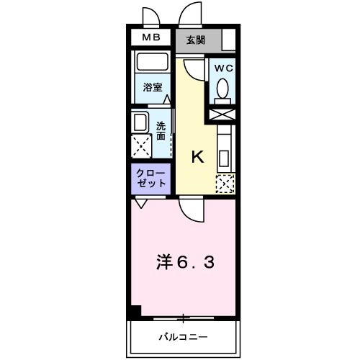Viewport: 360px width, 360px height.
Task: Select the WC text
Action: pyautogui.click(x=223, y=69)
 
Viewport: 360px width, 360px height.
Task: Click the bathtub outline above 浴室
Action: pyautogui.click(x=150, y=64)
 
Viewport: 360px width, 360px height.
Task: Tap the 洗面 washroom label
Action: pyautogui.click(x=161, y=130)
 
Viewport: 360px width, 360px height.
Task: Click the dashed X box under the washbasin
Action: pyautogui.click(x=141, y=145)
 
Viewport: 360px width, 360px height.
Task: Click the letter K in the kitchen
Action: pyautogui.click(x=197, y=158)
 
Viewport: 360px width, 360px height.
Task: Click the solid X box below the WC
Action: pyautogui.click(x=222, y=114)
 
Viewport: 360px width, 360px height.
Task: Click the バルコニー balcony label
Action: pyautogui.click(x=184, y=336)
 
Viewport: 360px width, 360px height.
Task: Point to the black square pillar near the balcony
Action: pyautogui.click(x=134, y=312)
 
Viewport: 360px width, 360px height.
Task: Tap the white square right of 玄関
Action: pyautogui.click(x=230, y=40)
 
